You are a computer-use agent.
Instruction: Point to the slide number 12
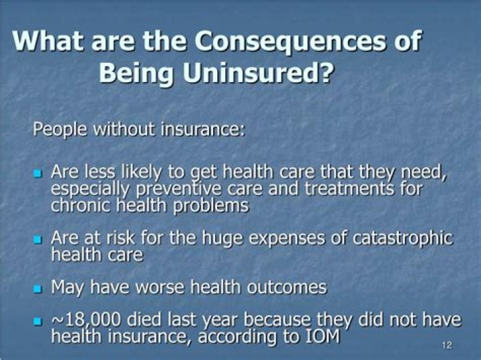(447, 345)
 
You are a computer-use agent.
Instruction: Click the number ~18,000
(90, 321)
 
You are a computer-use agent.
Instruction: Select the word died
(154, 321)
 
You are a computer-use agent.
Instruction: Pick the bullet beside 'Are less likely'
(38, 174)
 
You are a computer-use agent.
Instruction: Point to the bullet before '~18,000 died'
(38, 322)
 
